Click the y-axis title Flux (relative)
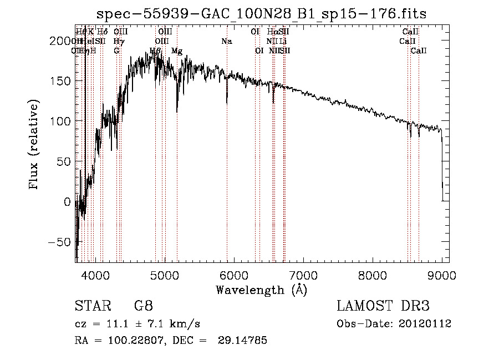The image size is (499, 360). [34, 145]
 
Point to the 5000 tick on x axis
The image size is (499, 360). [164, 275]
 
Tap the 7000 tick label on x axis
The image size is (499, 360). [303, 275]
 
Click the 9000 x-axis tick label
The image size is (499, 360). [442, 275]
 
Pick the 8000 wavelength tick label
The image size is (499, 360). [373, 275]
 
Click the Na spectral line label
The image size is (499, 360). [226, 42]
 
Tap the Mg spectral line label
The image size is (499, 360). [177, 51]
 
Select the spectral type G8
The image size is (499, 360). [143, 306]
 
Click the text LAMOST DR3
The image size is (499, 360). [383, 306]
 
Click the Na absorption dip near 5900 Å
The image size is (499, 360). [227, 100]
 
